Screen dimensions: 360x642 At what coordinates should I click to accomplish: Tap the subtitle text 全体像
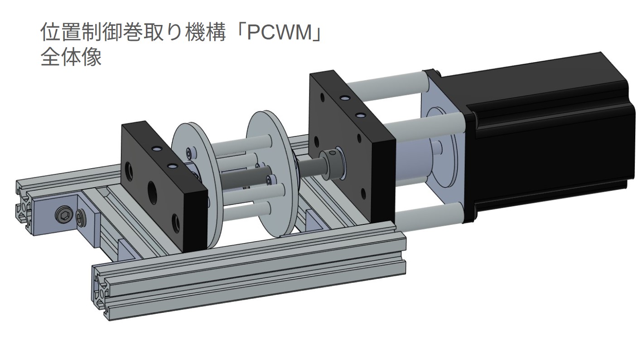(x=71, y=58)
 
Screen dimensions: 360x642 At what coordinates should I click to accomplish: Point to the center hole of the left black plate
(x=150, y=187)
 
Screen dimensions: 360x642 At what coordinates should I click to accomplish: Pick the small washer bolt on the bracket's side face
(x=82, y=218)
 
